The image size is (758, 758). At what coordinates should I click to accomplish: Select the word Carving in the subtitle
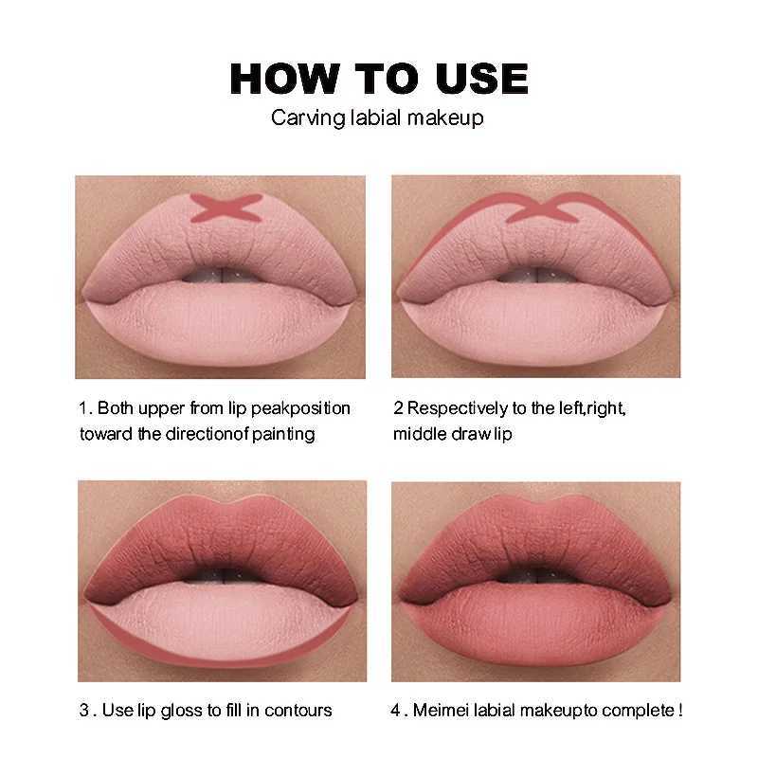(301, 118)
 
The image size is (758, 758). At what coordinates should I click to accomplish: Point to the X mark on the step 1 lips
(226, 208)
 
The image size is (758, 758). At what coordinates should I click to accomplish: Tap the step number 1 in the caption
(82, 408)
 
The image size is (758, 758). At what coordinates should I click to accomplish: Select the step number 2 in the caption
(398, 408)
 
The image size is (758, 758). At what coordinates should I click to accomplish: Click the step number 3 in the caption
(82, 710)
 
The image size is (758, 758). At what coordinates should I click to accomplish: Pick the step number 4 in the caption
(398, 710)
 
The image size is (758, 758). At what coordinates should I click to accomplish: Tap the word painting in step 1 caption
(281, 434)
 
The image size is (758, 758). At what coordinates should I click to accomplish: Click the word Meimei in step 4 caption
(443, 710)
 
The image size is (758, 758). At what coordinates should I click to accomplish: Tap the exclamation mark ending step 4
(679, 710)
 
